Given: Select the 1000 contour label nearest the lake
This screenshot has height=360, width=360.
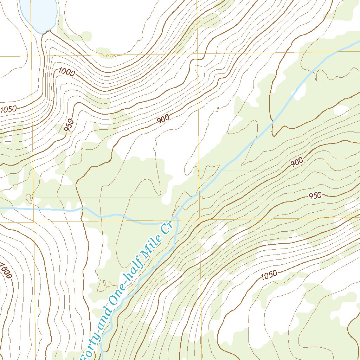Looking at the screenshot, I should pyautogui.click(x=66, y=72).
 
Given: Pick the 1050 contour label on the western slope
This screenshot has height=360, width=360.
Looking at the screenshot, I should pyautogui.click(x=8, y=109).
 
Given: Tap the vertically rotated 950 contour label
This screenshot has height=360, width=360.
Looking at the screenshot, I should pyautogui.click(x=70, y=126).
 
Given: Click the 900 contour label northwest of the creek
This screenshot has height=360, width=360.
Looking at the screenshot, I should pyautogui.click(x=163, y=119).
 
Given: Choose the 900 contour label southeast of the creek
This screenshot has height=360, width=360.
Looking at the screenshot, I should pyautogui.click(x=296, y=162).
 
